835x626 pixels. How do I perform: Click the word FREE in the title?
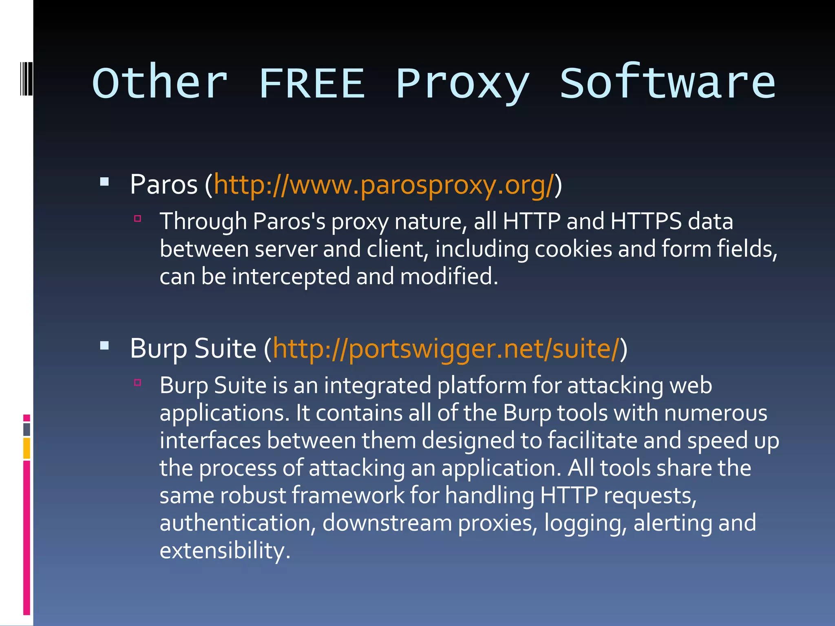[312, 84]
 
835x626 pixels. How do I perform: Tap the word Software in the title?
[667, 84]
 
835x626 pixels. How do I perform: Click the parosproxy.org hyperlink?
[384, 185]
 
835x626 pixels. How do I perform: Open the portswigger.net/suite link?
[446, 349]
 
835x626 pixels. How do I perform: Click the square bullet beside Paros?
[104, 182]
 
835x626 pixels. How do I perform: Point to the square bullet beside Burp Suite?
[104, 346]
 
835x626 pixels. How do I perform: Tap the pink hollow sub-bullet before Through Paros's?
[138, 219]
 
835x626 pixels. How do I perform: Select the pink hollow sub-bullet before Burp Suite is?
[138, 383]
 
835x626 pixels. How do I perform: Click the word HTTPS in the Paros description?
[646, 221]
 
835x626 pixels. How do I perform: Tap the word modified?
[449, 277]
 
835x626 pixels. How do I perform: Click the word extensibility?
[225, 551]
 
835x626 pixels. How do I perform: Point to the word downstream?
[387, 523]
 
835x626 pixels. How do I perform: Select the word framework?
[348, 496]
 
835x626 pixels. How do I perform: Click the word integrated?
[378, 386]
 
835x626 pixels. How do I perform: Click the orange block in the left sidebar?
[27, 448]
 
